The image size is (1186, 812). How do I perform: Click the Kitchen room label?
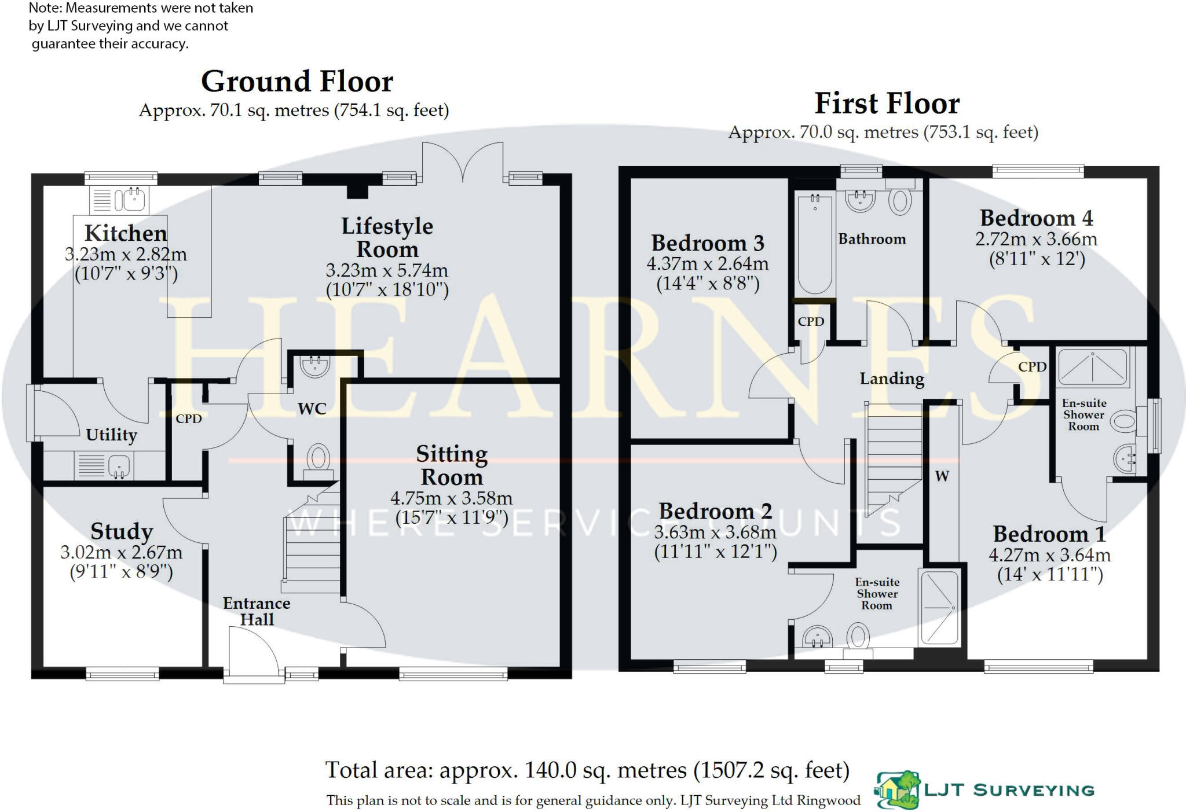[x=126, y=233]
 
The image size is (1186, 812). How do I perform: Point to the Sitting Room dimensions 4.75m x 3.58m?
[x=451, y=498]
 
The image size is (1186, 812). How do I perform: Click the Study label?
[x=122, y=531]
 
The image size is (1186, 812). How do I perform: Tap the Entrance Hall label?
[x=257, y=611]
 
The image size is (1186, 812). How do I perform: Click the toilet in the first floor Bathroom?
[x=899, y=200]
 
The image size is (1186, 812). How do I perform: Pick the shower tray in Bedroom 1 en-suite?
[x=1092, y=367]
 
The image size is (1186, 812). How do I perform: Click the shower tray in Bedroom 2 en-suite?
[x=939, y=608]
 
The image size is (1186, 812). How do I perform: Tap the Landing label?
[x=892, y=379]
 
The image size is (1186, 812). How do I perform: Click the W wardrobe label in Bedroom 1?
[x=942, y=476]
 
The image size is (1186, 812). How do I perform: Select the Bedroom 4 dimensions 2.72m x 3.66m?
[x=1036, y=239]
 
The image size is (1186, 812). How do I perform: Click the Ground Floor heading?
[x=297, y=82]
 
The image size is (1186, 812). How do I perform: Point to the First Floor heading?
[x=887, y=104]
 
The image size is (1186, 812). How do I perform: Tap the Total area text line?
[x=587, y=770]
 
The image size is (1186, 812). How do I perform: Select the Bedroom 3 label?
[x=708, y=243]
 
